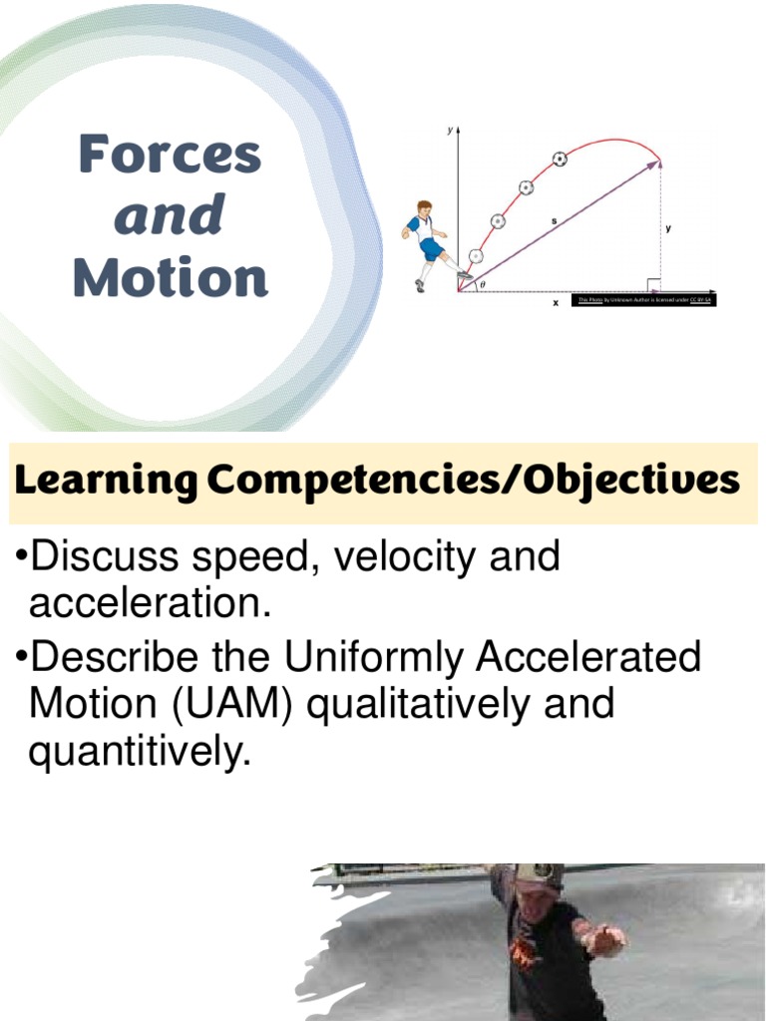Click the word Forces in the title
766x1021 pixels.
click(170, 155)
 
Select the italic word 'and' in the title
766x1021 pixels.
click(169, 216)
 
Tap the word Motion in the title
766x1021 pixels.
click(171, 278)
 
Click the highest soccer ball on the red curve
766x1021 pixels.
click(560, 159)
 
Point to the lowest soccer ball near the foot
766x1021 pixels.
click(476, 256)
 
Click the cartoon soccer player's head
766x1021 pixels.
click(424, 209)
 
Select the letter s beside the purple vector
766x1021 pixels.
click(554, 219)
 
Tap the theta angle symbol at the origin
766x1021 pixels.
click(483, 284)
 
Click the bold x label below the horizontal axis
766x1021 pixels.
click(556, 303)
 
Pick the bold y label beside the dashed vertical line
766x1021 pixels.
click(668, 228)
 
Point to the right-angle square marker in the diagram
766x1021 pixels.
click(652, 285)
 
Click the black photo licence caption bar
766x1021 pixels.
click(644, 299)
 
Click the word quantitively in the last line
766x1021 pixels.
click(137, 753)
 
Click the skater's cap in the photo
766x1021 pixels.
click(539, 875)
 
